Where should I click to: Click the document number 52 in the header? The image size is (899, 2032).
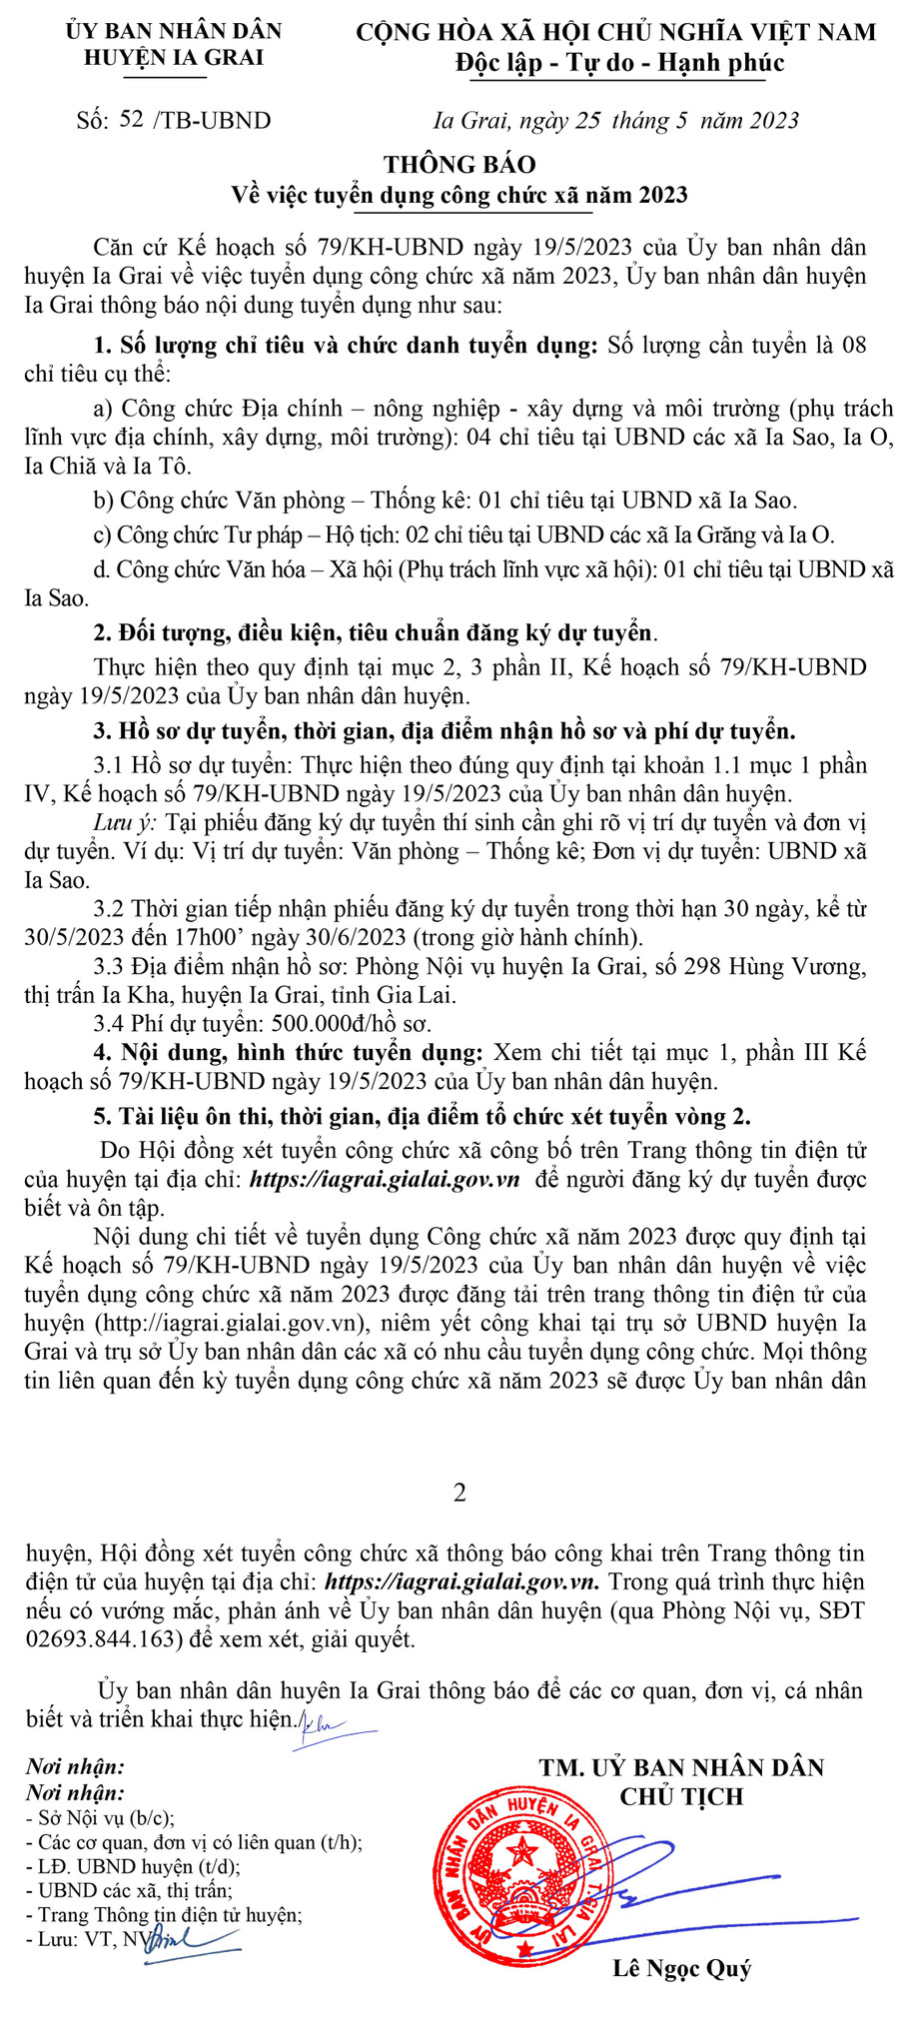[130, 120]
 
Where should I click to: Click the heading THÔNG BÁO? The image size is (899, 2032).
[459, 165]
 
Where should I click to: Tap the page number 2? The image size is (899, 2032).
[459, 1493]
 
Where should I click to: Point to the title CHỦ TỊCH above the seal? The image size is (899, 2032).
[681, 1796]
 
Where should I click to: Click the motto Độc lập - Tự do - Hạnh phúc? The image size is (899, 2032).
[619, 63]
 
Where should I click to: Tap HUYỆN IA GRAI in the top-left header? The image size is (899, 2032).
[173, 57]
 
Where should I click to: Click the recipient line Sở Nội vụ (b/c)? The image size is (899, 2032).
[106, 1818]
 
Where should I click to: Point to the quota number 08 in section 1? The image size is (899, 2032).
[853, 346]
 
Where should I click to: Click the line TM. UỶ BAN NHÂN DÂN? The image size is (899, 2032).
[681, 1767]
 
